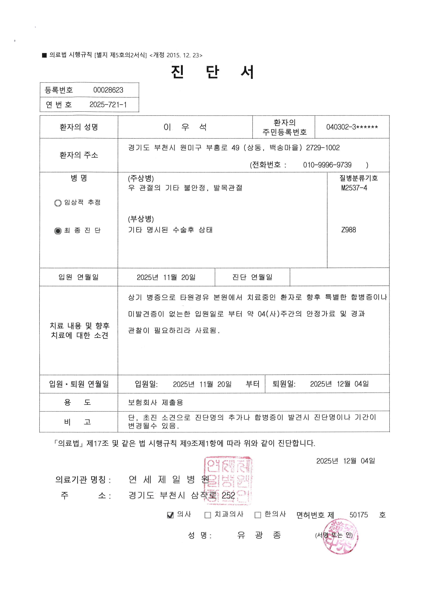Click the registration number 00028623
(x=108, y=90)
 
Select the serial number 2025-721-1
(x=108, y=105)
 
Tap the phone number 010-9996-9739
(x=327, y=165)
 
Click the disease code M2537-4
(x=354, y=188)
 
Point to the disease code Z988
(x=349, y=230)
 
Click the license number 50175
(x=359, y=515)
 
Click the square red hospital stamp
(x=228, y=481)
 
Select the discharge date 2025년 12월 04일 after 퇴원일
(x=339, y=384)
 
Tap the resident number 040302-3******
(x=352, y=127)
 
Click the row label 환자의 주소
(x=79, y=155)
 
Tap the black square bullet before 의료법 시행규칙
(x=44, y=55)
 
